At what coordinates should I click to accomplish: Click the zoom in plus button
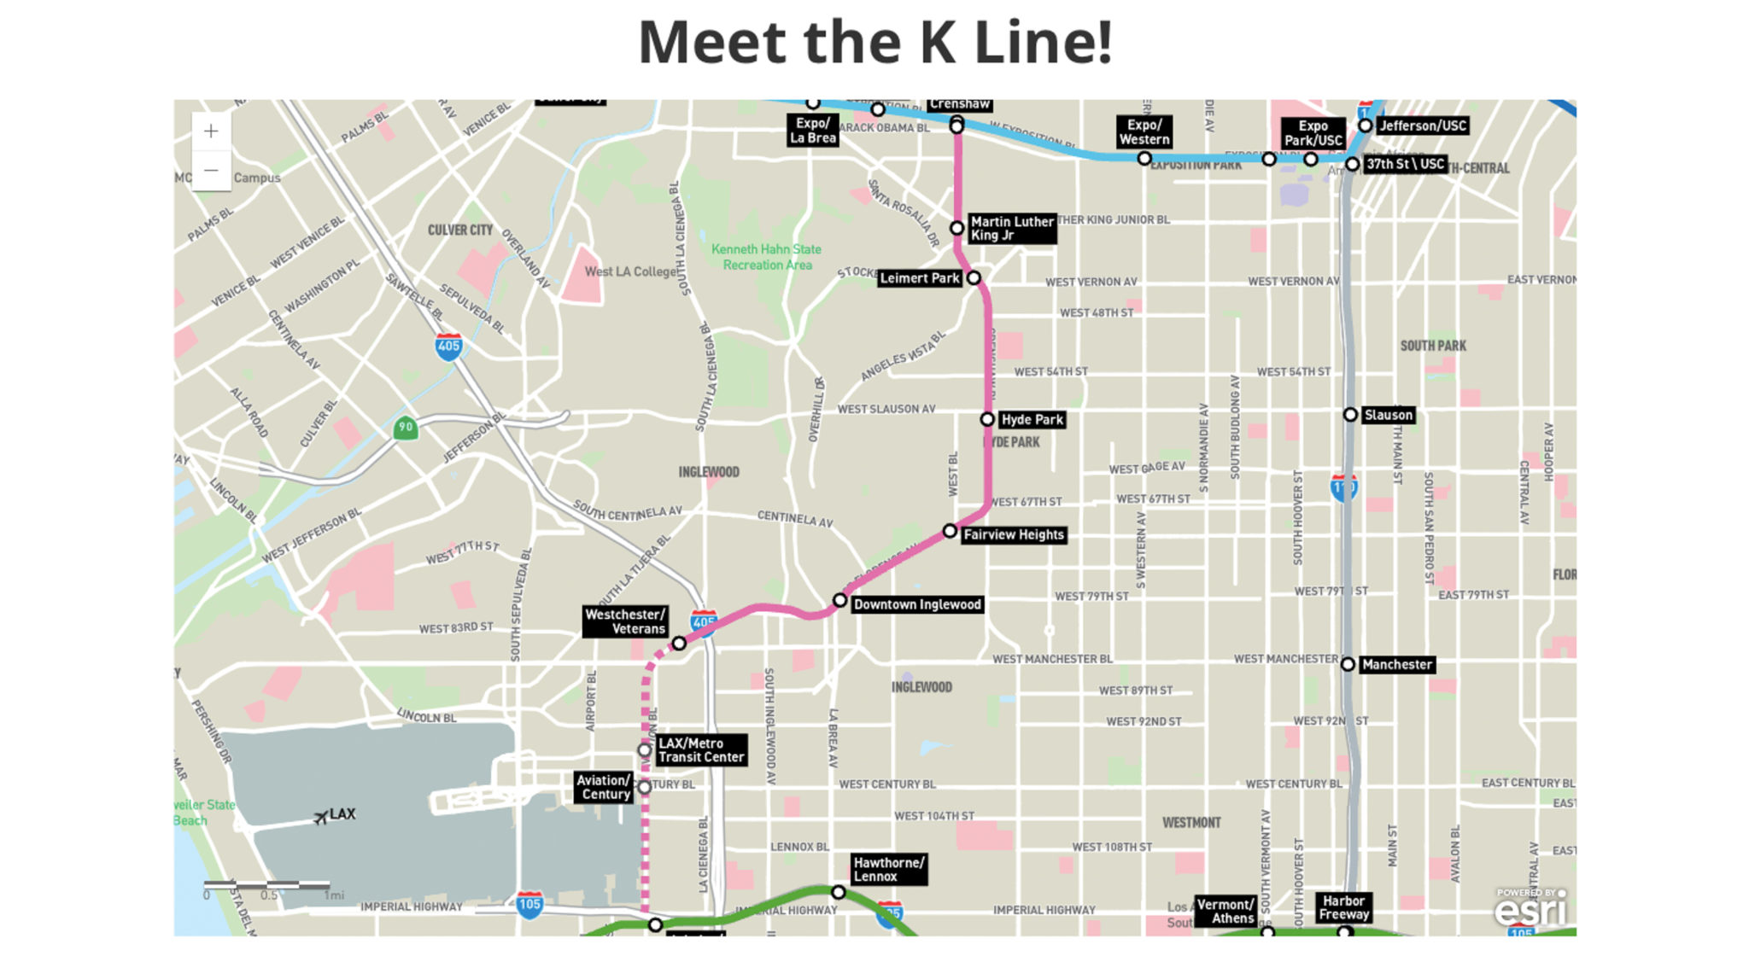[x=211, y=131]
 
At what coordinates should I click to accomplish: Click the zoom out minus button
[x=211, y=171]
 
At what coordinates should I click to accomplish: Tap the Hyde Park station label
[x=1032, y=419]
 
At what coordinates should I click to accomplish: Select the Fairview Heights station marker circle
[x=950, y=531]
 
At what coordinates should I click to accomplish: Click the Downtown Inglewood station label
[x=917, y=604]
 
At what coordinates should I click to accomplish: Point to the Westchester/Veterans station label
[x=625, y=621]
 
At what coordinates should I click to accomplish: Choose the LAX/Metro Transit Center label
[x=700, y=750]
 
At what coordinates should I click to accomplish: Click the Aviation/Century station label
[x=603, y=787]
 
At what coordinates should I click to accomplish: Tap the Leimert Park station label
[x=919, y=278]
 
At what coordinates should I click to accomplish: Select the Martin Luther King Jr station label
[x=1012, y=228]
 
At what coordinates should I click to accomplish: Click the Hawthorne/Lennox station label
[x=888, y=869]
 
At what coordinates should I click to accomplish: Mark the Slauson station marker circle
[x=1350, y=415]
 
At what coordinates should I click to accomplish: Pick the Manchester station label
[x=1396, y=664]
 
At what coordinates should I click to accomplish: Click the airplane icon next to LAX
[x=320, y=817]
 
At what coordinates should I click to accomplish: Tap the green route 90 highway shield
[x=406, y=427]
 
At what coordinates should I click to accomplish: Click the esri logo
[x=1531, y=910]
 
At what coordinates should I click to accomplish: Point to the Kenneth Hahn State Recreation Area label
[x=766, y=257]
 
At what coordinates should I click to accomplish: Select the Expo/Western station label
[x=1144, y=131]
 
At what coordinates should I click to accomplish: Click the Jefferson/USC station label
[x=1422, y=125]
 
